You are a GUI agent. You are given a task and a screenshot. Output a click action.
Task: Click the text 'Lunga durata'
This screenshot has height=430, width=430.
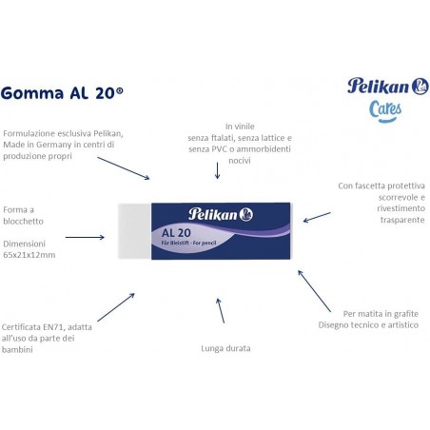click(225, 348)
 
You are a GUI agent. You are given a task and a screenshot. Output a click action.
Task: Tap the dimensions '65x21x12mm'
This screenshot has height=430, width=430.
click(29, 256)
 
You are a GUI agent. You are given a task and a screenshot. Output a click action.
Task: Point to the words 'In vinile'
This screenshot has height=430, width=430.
click(241, 126)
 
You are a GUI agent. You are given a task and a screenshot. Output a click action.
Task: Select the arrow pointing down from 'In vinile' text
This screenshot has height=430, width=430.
click(219, 167)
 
